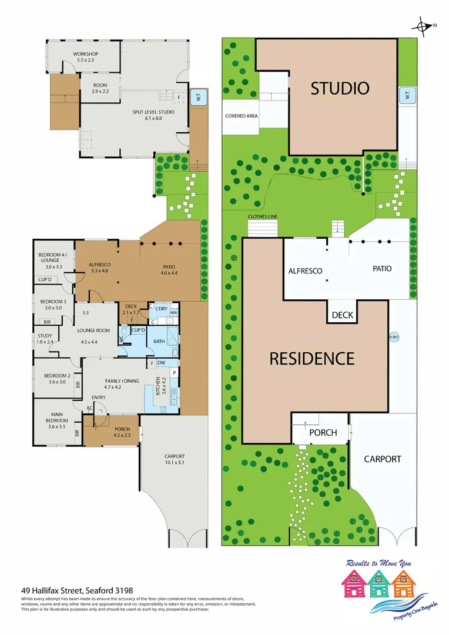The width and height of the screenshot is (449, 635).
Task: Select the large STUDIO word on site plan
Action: (340, 89)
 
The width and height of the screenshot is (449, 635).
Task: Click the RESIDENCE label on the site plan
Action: (311, 358)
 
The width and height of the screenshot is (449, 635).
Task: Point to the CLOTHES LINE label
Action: (262, 217)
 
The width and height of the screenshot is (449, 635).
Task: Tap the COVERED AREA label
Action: (241, 116)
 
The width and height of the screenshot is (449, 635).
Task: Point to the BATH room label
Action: (159, 342)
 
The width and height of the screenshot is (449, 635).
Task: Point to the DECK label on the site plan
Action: (343, 315)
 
